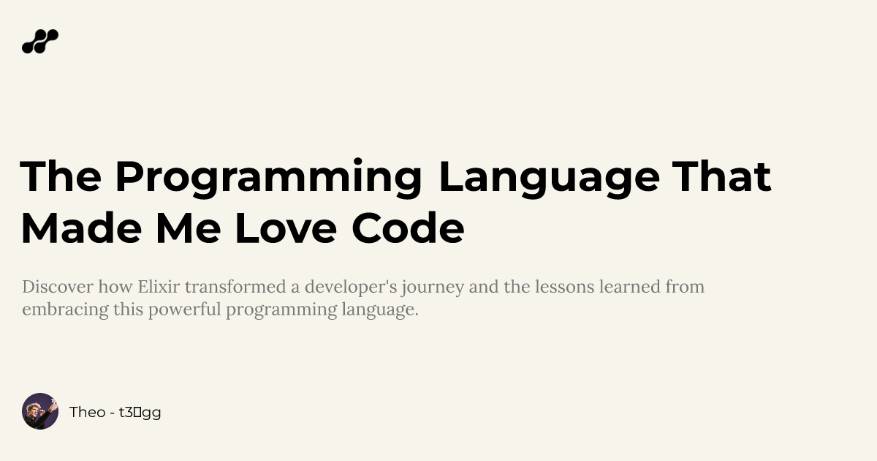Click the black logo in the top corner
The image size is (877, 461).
(x=40, y=42)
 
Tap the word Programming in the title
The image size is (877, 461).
(x=268, y=177)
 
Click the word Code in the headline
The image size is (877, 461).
(x=408, y=228)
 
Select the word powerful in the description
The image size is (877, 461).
(x=185, y=310)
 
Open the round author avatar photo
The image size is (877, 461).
(x=40, y=411)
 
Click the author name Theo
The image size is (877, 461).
(x=87, y=412)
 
